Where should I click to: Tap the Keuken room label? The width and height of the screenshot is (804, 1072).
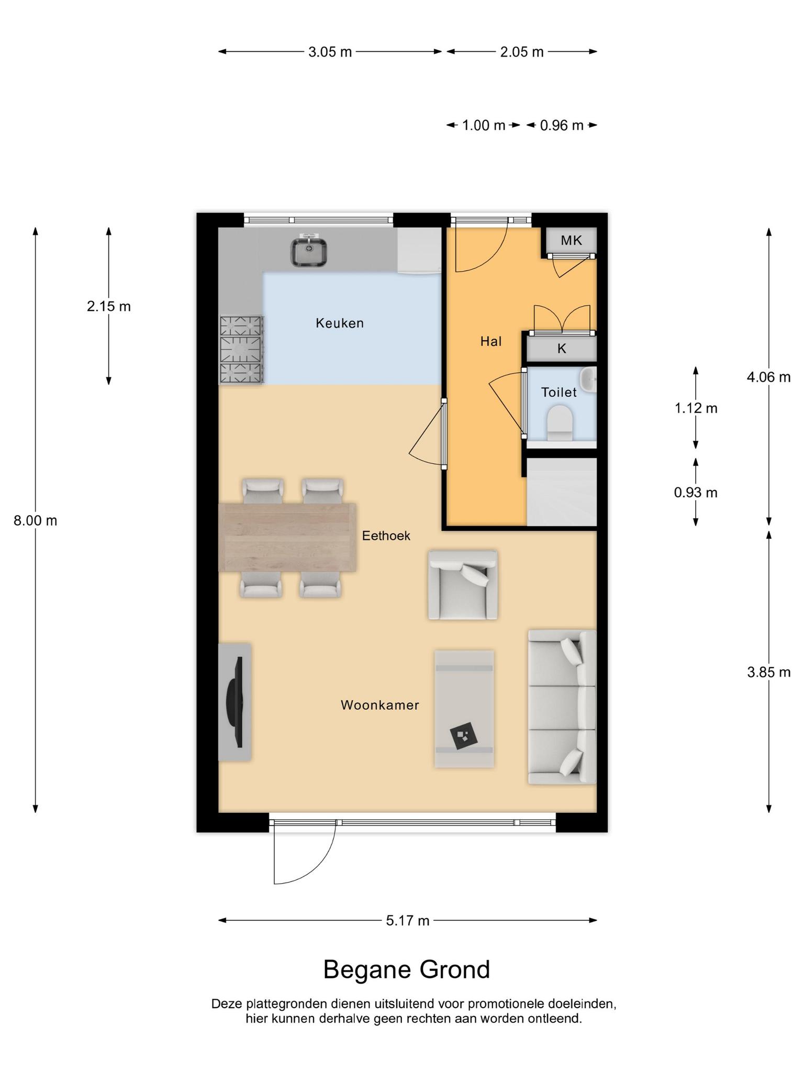(340, 323)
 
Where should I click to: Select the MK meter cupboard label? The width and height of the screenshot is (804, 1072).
(571, 240)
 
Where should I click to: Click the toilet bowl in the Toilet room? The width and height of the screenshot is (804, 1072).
(559, 422)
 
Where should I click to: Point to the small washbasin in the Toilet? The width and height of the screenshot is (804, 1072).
(589, 379)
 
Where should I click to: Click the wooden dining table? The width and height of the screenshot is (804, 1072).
(287, 538)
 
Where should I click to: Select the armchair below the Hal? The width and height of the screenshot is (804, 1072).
(463, 585)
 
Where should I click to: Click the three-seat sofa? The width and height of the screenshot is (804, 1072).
(562, 707)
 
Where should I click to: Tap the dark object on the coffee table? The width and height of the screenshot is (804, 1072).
(464, 735)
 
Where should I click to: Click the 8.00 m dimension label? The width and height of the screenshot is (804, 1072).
(36, 521)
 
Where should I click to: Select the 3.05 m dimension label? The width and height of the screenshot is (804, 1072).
(330, 52)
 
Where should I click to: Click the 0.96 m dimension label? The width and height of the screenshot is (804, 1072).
(562, 126)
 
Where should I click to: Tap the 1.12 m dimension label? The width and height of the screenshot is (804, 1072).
(696, 408)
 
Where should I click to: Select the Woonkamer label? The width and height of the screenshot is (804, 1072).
(380, 705)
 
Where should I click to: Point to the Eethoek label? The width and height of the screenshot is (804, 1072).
(386, 535)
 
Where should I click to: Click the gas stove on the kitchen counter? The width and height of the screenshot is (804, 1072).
(241, 350)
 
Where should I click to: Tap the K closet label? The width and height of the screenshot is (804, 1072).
(562, 349)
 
